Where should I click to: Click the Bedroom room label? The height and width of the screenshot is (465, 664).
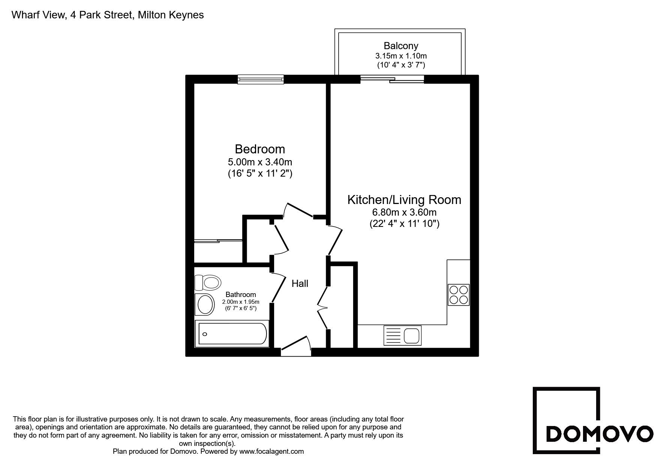coord(260,149)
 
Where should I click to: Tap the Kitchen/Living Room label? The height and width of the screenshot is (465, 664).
coord(404,199)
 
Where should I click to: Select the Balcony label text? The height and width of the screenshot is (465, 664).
coord(401,46)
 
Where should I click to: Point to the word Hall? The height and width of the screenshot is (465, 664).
coord(300,283)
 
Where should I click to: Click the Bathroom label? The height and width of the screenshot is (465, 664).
coord(241,295)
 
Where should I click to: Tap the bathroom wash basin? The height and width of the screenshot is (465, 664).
coord(205,304)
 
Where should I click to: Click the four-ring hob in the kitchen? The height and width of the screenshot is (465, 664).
coord(459,295)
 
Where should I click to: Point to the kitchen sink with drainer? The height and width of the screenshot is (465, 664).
coord(402,335)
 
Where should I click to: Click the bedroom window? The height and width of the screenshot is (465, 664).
coord(261,79)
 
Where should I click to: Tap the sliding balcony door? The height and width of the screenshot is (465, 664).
coord(392,79)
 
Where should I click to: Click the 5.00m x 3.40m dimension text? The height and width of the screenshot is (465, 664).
coord(260,162)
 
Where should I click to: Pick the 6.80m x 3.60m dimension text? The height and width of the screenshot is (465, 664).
coord(404,212)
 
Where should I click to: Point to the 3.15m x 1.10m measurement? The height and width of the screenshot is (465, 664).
coord(401,56)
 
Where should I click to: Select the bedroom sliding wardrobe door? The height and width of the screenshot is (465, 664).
coord(218,241)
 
